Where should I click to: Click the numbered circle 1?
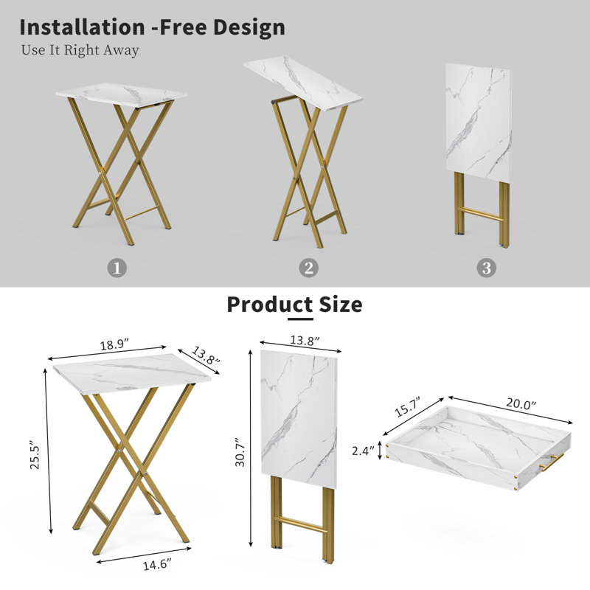pyautogui.click(x=117, y=268)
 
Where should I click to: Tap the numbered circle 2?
pyautogui.click(x=308, y=268)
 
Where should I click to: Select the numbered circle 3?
pyautogui.click(x=486, y=268)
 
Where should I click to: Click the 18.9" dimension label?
pyautogui.click(x=114, y=344)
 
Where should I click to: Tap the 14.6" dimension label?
pyautogui.click(x=157, y=565)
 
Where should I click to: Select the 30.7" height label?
pyautogui.click(x=240, y=452)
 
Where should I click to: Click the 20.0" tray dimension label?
pyautogui.click(x=521, y=403)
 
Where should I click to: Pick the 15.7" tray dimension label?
pyautogui.click(x=407, y=407)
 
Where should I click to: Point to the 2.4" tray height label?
pyautogui.click(x=363, y=451)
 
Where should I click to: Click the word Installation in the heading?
pyautogui.click(x=82, y=27)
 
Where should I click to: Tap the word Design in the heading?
pyautogui.click(x=249, y=28)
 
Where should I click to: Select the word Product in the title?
pyautogui.click(x=269, y=304)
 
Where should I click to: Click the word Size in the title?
pyautogui.click(x=341, y=304)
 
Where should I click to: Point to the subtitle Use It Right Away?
pyautogui.click(x=80, y=50)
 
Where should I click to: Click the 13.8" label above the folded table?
pyautogui.click(x=305, y=341)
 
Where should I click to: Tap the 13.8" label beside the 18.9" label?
pyautogui.click(x=206, y=355)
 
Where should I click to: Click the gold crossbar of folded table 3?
pyautogui.click(x=482, y=214)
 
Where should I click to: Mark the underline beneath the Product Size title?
pyautogui.click(x=300, y=319)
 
